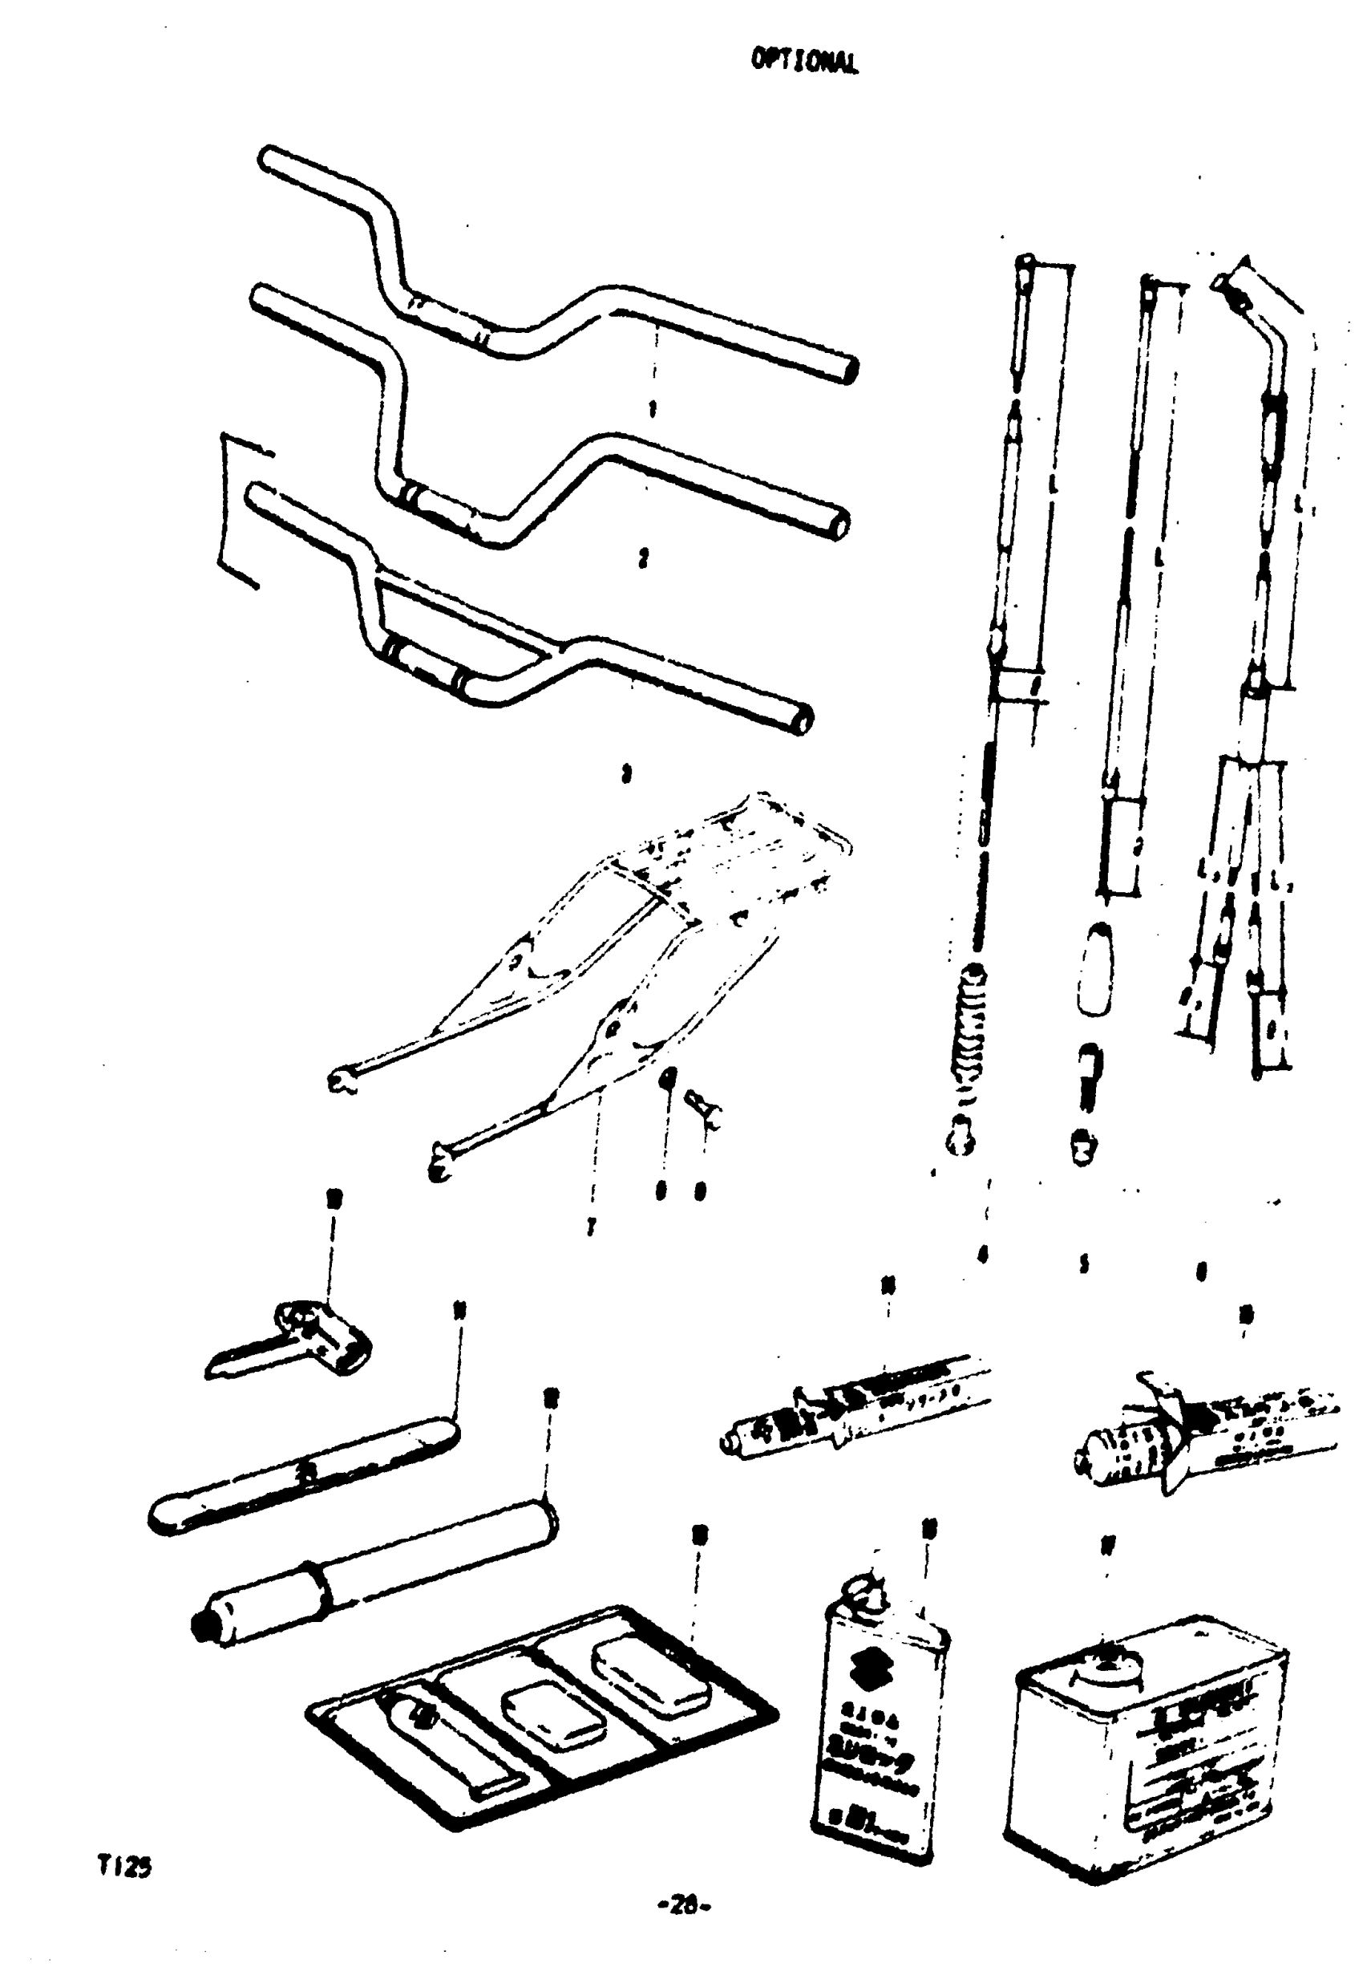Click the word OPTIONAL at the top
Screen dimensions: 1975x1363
[804, 61]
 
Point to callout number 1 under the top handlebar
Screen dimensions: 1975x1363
[652, 411]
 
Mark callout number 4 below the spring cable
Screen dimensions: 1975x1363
[983, 1254]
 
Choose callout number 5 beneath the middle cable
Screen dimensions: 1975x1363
[1083, 1264]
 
